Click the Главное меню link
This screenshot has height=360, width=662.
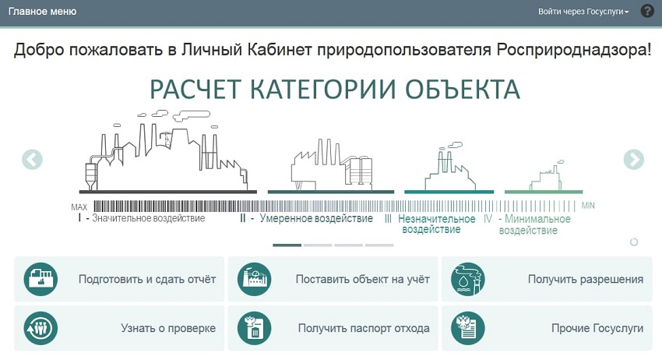[42, 12]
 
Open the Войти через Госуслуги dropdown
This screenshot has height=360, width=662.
[583, 12]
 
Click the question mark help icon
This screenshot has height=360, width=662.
[647, 11]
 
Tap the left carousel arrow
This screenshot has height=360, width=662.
[32, 160]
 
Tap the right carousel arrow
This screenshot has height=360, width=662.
[634, 160]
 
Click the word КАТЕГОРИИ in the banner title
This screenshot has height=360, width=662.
[323, 89]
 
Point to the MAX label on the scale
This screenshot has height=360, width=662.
[79, 207]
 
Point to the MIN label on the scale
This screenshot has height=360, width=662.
[588, 206]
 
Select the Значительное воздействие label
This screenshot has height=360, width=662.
[148, 218]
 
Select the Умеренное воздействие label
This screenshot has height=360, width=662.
[316, 218]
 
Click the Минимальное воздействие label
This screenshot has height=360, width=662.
[535, 224]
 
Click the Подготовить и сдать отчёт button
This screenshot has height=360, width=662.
[119, 279]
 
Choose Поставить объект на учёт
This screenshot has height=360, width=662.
[333, 279]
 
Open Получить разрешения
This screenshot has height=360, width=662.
[547, 279]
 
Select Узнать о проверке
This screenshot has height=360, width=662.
[119, 328]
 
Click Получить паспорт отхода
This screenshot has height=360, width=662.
[333, 328]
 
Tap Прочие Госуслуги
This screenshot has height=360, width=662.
[547, 328]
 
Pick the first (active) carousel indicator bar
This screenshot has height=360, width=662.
[287, 245]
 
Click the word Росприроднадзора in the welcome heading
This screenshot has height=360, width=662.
[573, 50]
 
